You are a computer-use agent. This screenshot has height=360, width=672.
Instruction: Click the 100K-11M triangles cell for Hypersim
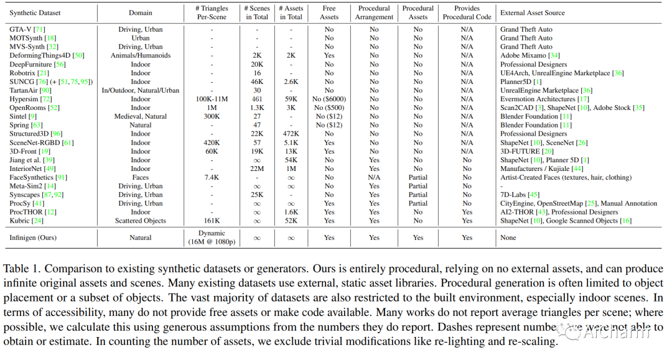tap(212, 99)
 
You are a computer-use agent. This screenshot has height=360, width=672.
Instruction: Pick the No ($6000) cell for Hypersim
tap(329, 99)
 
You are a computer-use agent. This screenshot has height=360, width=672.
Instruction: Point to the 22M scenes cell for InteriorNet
tap(257, 168)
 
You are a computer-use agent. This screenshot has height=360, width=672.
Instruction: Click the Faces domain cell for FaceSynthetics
tap(141, 177)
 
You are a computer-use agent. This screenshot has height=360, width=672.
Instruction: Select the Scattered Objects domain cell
tap(141, 221)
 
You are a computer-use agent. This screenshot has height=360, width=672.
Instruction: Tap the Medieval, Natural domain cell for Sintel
tap(141, 116)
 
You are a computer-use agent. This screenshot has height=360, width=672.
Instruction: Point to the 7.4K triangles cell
tap(212, 177)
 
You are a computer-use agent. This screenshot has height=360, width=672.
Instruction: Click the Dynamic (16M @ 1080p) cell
tap(212, 238)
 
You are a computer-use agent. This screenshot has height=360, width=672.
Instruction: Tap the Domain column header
tap(141, 12)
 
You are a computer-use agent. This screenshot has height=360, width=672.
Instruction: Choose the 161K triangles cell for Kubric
tap(212, 221)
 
